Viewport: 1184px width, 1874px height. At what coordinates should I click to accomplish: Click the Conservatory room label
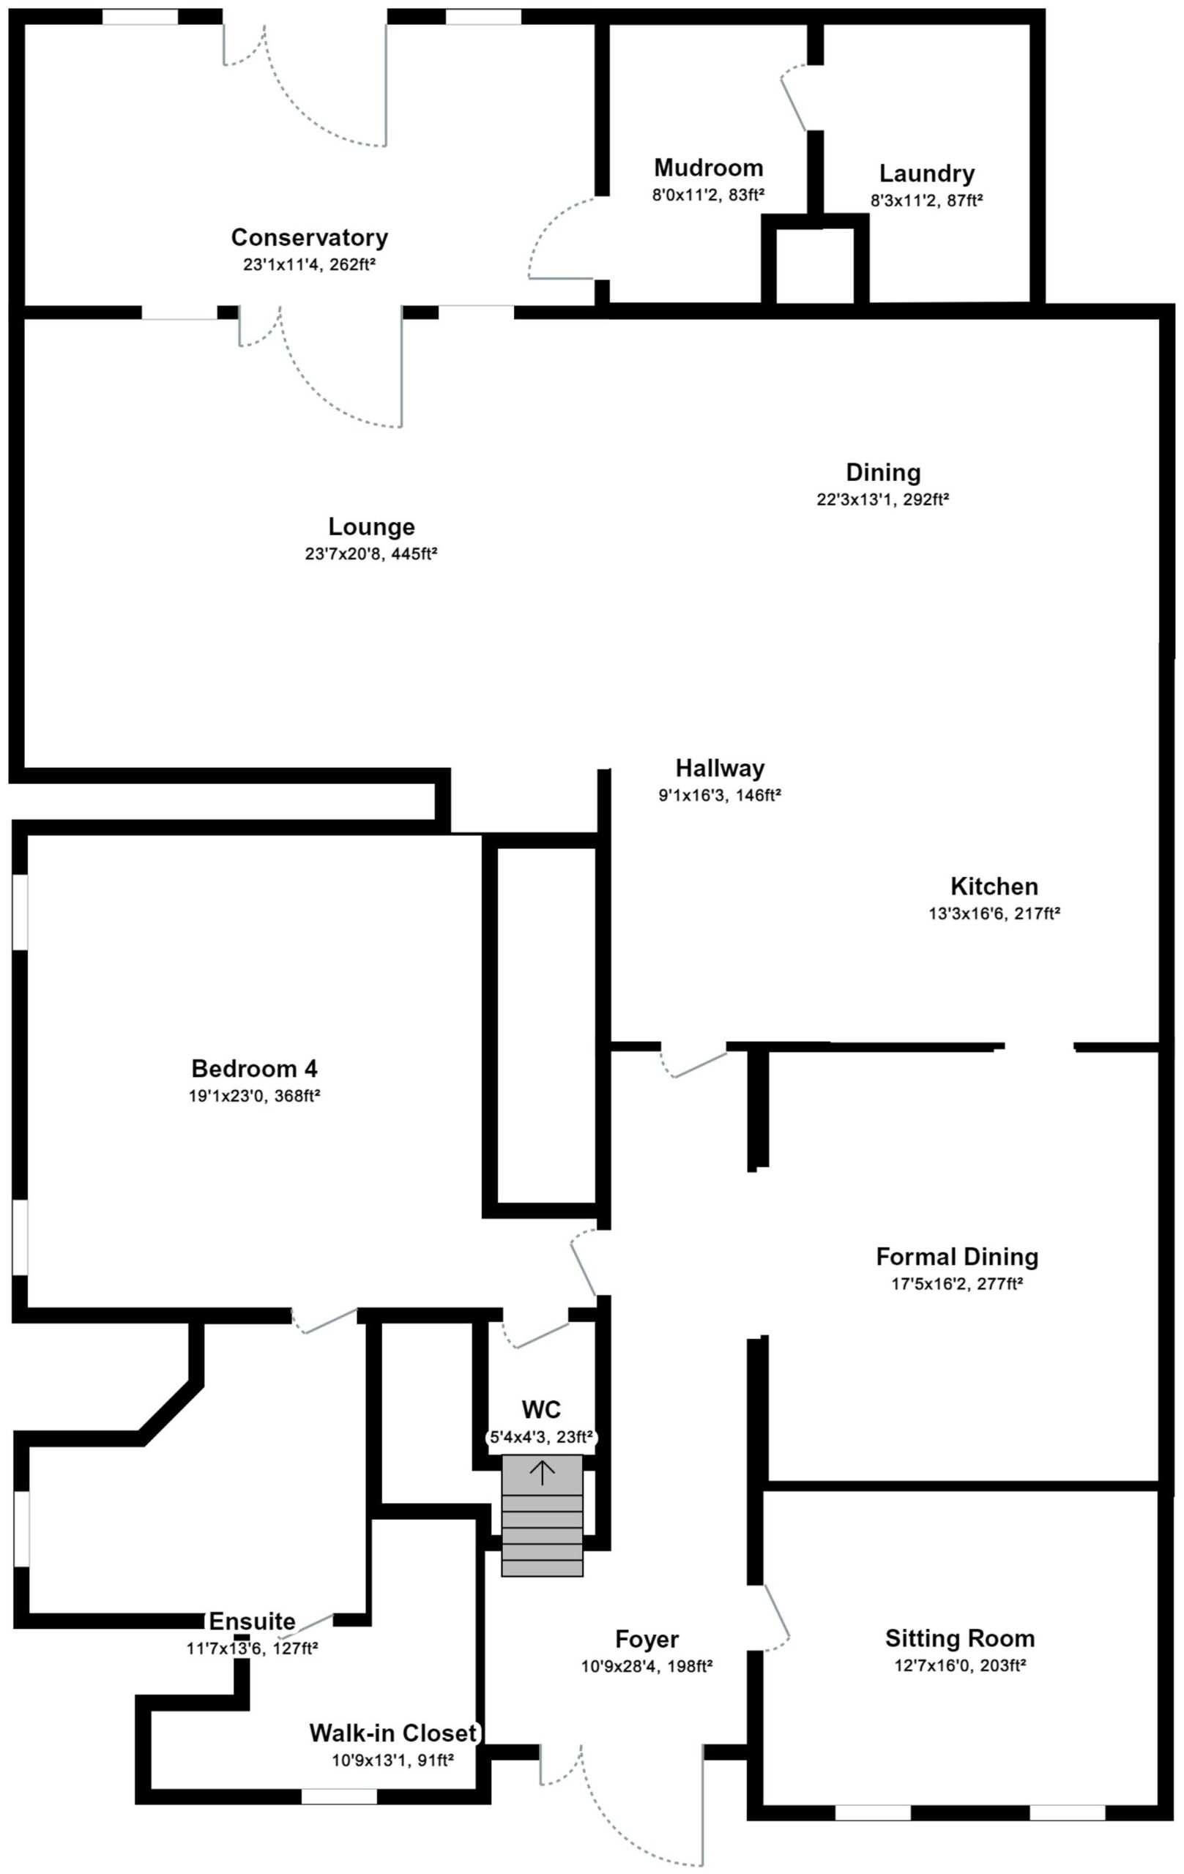(309, 236)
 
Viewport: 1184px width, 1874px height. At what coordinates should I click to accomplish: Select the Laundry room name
(926, 173)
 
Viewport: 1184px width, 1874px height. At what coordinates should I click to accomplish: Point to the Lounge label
(371, 527)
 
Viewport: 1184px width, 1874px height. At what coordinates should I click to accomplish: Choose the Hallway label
(720, 769)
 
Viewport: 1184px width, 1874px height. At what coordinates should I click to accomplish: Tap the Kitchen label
(994, 886)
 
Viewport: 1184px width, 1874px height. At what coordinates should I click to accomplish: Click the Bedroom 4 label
(255, 1069)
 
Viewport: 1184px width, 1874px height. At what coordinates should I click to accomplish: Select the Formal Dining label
(957, 1257)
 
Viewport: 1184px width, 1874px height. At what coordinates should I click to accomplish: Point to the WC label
(542, 1409)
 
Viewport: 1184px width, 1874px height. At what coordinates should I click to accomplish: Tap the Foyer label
(647, 1633)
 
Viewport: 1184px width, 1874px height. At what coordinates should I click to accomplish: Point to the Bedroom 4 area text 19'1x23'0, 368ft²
(255, 1096)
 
